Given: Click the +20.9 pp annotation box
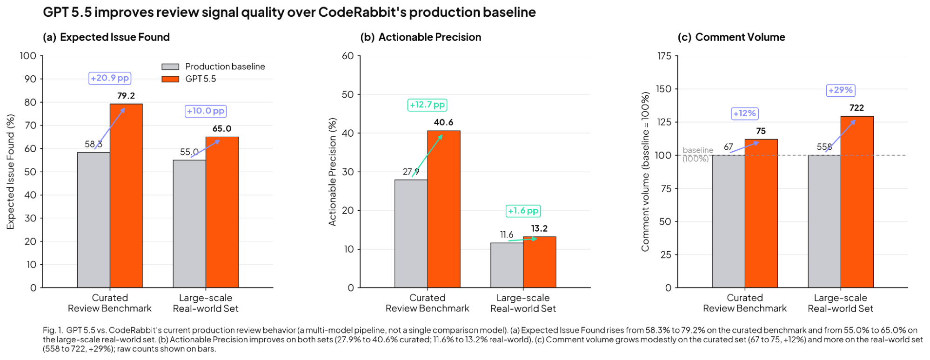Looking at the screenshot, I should pos(110,78).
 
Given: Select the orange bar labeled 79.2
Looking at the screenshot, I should pos(126,195).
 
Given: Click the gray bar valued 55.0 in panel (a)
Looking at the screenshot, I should pos(189,223).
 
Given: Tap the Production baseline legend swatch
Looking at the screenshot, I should pos(170,67).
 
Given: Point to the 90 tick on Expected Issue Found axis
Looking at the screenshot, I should pos(30,79).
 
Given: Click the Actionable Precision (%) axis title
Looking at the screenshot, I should pos(332,172).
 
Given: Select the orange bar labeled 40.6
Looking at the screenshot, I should pos(443,209).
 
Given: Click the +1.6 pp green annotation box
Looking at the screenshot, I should pos(523,211).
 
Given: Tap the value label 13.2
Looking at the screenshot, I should pos(539,228).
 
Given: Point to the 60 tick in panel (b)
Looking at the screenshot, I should pos(348,56).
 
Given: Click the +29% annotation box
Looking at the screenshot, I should pos(841,90).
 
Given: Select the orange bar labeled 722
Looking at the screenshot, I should pos(856,202).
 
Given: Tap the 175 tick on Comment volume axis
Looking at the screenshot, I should pos(664,56).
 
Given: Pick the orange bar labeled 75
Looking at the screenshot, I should pos(761,213).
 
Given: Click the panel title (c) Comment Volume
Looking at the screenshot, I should pos(731,37).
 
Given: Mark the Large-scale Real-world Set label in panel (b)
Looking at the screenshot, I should pos(523,303).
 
